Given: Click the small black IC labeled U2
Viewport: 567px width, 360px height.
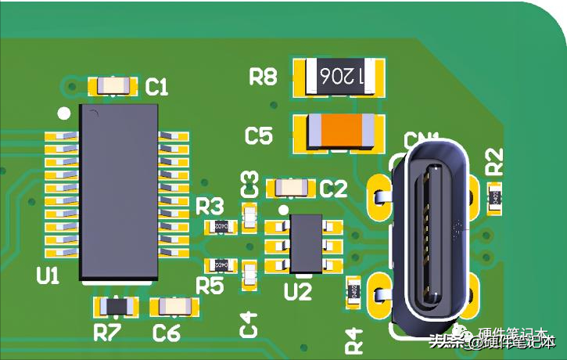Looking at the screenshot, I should tap(305, 243).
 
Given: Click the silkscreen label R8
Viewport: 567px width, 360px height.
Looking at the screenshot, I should tap(264, 77).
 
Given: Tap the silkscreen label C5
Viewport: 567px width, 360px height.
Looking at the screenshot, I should tap(259, 136).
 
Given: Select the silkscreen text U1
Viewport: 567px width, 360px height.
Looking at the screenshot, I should tap(48, 275).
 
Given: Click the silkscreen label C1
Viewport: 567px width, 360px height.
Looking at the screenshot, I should tap(157, 88).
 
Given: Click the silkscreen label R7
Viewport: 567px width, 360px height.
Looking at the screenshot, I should tap(107, 333).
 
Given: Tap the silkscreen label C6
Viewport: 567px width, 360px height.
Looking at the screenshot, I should tap(167, 333).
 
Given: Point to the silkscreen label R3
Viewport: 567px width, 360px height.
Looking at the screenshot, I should tap(209, 207).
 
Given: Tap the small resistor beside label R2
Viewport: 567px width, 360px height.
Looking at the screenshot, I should tap(495, 199).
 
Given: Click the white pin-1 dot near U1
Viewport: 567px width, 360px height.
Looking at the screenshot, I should tap(65, 113).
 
